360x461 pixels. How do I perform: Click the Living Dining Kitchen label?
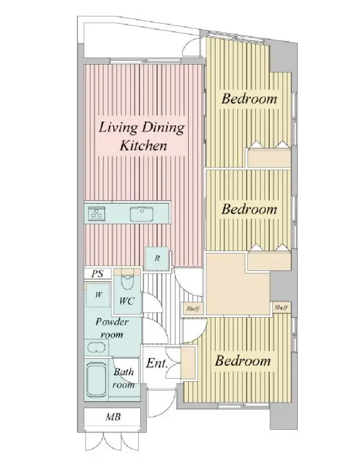[x=141, y=136]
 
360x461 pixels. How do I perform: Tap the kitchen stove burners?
[x=97, y=214]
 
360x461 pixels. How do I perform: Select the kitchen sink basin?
[x=141, y=214]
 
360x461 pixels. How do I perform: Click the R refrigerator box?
[x=157, y=259]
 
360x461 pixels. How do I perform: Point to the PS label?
[x=97, y=273]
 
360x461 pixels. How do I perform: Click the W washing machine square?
[x=98, y=295]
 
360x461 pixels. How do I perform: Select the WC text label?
[x=127, y=301]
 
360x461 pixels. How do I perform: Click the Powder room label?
[x=112, y=328]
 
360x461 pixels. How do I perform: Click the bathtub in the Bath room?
[x=97, y=379]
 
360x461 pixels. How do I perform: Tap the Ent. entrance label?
[x=157, y=363]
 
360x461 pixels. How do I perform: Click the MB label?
[x=113, y=417]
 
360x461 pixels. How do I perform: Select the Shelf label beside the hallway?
[x=193, y=309]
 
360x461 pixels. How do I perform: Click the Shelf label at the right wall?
[x=281, y=308]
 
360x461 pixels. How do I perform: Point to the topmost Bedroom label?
[x=249, y=98]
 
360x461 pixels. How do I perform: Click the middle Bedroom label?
[x=249, y=209]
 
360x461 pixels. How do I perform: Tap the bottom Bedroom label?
[x=243, y=361]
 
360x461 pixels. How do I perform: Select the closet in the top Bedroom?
[x=269, y=158]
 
